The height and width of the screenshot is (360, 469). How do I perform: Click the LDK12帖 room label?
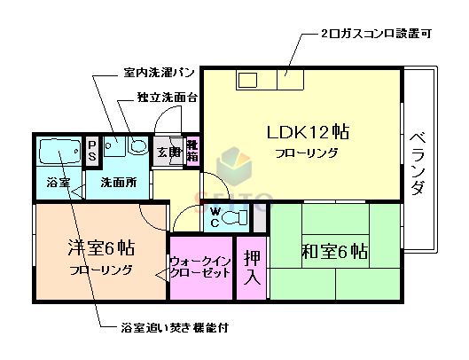[x=308, y=133]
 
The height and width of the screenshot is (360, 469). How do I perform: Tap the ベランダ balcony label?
[x=419, y=164]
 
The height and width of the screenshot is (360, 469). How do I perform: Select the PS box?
[x=92, y=151]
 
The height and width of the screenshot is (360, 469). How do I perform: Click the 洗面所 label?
[x=117, y=184]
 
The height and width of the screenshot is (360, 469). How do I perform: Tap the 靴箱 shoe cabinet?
[x=192, y=152]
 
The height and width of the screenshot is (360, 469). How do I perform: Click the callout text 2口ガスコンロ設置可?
[x=376, y=35]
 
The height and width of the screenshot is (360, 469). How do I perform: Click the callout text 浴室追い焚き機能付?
[x=175, y=328]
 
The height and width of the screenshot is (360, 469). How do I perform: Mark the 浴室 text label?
[x=58, y=184]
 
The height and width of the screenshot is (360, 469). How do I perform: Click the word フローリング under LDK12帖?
[x=306, y=153]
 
